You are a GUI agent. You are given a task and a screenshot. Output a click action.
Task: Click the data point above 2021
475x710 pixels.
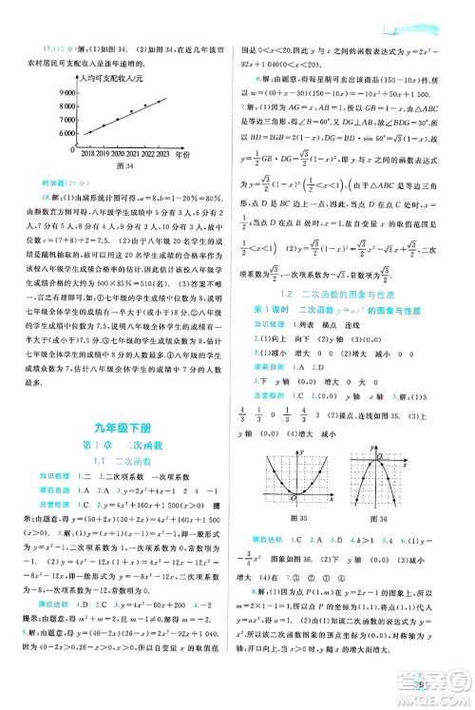pos(132,111)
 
